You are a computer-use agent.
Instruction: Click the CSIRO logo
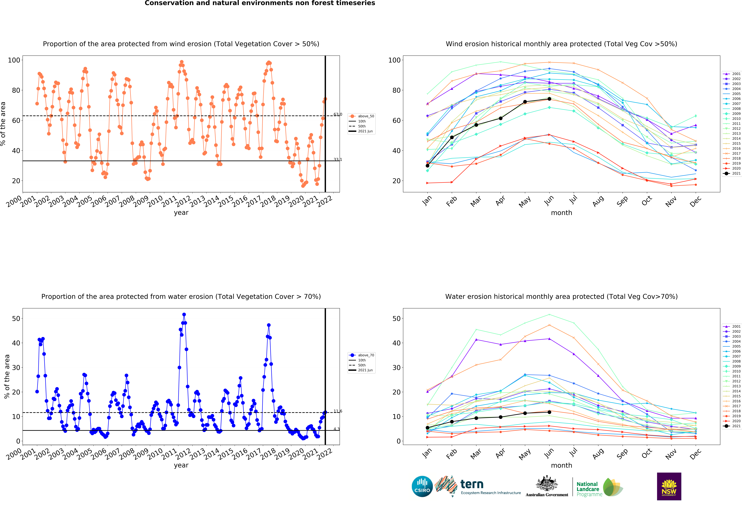pyautogui.click(x=422, y=487)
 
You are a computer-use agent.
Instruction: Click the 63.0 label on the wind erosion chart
pyautogui.click(x=338, y=114)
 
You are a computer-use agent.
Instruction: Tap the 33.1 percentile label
pyautogui.click(x=338, y=159)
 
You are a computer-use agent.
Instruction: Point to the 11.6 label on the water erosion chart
pyautogui.click(x=338, y=411)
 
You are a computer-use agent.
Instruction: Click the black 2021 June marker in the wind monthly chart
pyautogui.click(x=549, y=99)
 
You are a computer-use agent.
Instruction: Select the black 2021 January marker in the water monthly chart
pyautogui.click(x=427, y=428)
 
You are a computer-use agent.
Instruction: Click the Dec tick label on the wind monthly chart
pyautogui.click(x=695, y=201)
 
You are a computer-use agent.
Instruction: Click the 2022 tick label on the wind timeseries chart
pyautogui.click(x=325, y=202)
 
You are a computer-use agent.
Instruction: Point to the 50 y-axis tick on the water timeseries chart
pyautogui.click(x=16, y=318)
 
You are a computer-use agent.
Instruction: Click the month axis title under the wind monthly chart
pyautogui.click(x=561, y=213)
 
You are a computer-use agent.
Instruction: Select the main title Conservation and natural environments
pyautogui.click(x=260, y=3)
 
